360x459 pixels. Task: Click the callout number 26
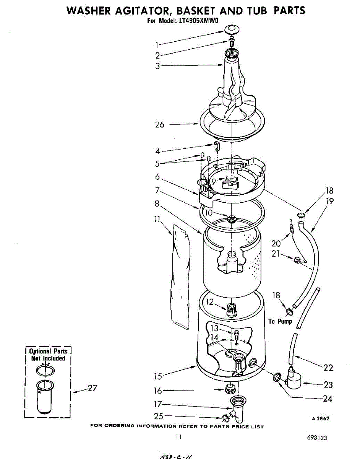pyautogui.click(x=159, y=124)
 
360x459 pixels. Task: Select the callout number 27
pyautogui.click(x=92, y=388)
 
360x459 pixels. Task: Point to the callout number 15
pyautogui.click(x=159, y=376)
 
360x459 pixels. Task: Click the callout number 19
pyautogui.click(x=330, y=201)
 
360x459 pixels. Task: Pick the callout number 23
pyautogui.click(x=328, y=385)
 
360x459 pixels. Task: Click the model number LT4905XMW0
pyautogui.click(x=198, y=21)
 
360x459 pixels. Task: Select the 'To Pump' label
pyautogui.click(x=280, y=321)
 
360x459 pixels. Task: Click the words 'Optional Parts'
pyautogui.click(x=48, y=351)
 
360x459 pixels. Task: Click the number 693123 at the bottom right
pyautogui.click(x=316, y=438)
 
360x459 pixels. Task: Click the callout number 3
pyautogui.click(x=157, y=66)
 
